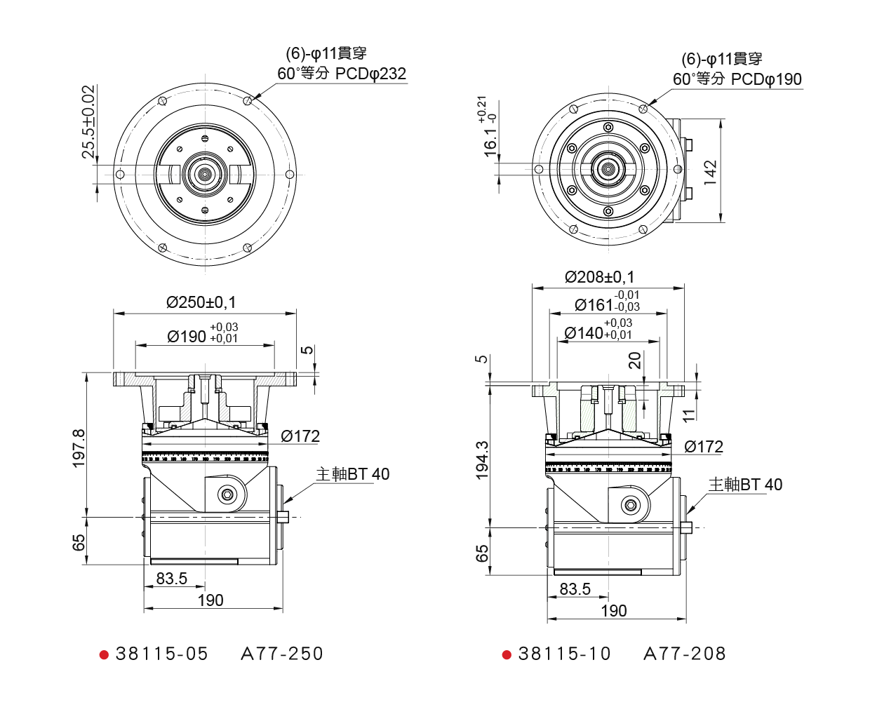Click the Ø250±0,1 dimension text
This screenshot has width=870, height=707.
(x=201, y=302)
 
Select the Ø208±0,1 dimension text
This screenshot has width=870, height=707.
(x=600, y=277)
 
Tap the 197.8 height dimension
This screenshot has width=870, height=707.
(x=79, y=448)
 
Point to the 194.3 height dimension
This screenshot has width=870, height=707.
(x=483, y=460)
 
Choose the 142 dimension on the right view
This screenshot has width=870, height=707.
(x=711, y=172)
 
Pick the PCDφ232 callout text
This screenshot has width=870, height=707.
(x=370, y=74)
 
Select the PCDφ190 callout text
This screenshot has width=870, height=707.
(x=766, y=79)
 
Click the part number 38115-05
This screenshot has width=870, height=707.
(x=162, y=654)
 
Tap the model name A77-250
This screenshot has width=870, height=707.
(x=282, y=654)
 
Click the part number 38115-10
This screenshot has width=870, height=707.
(x=565, y=654)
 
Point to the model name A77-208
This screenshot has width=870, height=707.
(x=685, y=654)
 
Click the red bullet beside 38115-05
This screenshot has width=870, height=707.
(x=105, y=655)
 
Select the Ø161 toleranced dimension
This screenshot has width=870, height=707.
(x=607, y=304)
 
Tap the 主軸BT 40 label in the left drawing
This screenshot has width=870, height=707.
(x=352, y=474)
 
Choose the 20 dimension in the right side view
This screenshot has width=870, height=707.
(x=635, y=361)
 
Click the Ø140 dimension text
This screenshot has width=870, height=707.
(x=598, y=332)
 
